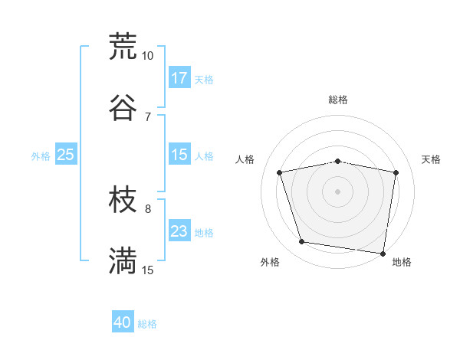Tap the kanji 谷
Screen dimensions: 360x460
coord(123,107)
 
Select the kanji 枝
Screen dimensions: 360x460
coord(123,201)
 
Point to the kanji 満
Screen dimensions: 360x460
coord(123,261)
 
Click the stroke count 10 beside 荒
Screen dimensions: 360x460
coord(148,56)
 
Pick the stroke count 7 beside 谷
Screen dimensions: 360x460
coord(148,117)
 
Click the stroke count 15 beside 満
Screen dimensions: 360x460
coord(148,270)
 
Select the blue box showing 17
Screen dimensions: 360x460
coord(179,78)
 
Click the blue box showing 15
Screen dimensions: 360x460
coord(179,155)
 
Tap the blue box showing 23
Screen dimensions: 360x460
coord(179,231)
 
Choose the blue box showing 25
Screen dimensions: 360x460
coord(66,155)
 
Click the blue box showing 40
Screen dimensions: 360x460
coord(123,323)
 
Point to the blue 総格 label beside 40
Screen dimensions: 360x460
coord(147,324)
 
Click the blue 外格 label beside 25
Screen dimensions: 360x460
coord(41,155)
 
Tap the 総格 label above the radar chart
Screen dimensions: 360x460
coord(338,100)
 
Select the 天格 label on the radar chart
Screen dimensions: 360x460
coord(432,159)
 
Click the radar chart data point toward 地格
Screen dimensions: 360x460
coord(383,253)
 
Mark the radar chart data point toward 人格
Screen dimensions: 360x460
coord(280,172)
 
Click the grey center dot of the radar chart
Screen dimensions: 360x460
coord(338,191)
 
